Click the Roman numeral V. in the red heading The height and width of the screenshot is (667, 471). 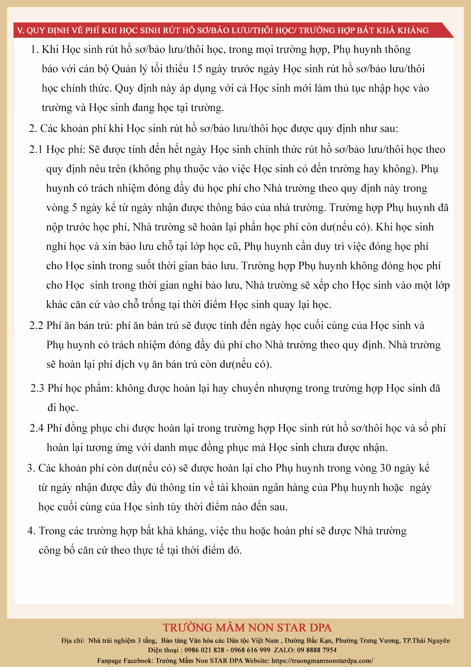click(21, 30)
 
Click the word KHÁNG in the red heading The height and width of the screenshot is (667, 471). click(414, 30)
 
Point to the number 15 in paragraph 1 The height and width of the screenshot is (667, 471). click(198, 69)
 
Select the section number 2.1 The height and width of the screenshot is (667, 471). click(36, 149)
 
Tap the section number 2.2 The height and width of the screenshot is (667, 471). click(36, 326)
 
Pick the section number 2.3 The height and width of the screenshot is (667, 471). click(37, 388)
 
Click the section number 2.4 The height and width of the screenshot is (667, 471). click(36, 428)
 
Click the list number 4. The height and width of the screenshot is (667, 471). click(31, 531)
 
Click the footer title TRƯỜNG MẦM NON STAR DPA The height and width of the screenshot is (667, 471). click(247, 627)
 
